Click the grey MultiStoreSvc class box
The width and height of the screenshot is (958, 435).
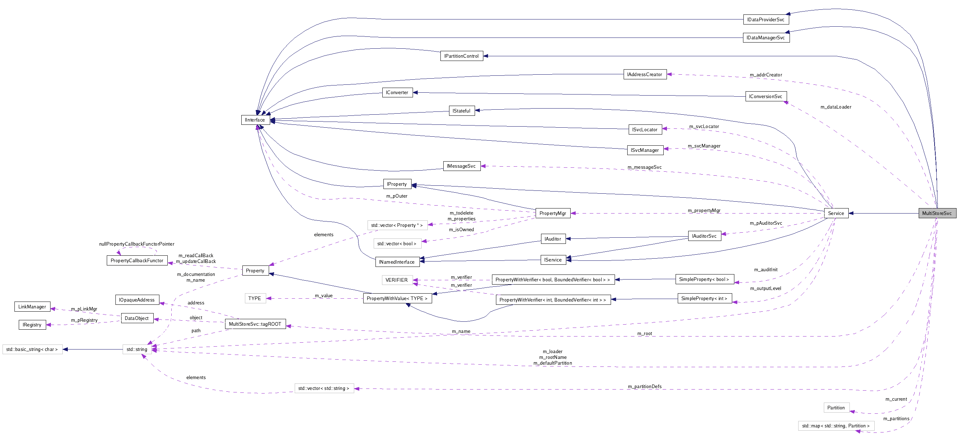point(937,213)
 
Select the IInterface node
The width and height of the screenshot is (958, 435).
point(255,120)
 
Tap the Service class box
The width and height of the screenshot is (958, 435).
point(836,213)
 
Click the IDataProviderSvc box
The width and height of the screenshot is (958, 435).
point(765,19)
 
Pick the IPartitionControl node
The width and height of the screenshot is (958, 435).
point(461,56)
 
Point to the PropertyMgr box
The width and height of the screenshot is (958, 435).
point(552,213)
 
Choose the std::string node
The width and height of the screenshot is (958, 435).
point(136,349)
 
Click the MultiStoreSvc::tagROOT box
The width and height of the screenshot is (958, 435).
point(255,324)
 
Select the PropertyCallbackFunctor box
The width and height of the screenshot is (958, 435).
point(136,260)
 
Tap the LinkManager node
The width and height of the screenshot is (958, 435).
point(32,306)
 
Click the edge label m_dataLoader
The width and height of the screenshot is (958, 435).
point(835,107)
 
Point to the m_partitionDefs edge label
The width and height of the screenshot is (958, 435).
point(644,386)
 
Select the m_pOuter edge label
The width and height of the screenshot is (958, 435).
point(396,196)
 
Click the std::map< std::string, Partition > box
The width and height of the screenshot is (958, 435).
point(835,426)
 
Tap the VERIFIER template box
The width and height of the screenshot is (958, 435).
point(396,280)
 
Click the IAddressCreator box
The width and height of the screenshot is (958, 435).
point(644,74)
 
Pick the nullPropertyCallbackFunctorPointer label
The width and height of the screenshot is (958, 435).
point(136,244)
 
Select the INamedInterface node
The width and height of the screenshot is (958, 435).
point(396,262)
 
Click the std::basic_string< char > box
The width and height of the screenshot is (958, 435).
point(32,349)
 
